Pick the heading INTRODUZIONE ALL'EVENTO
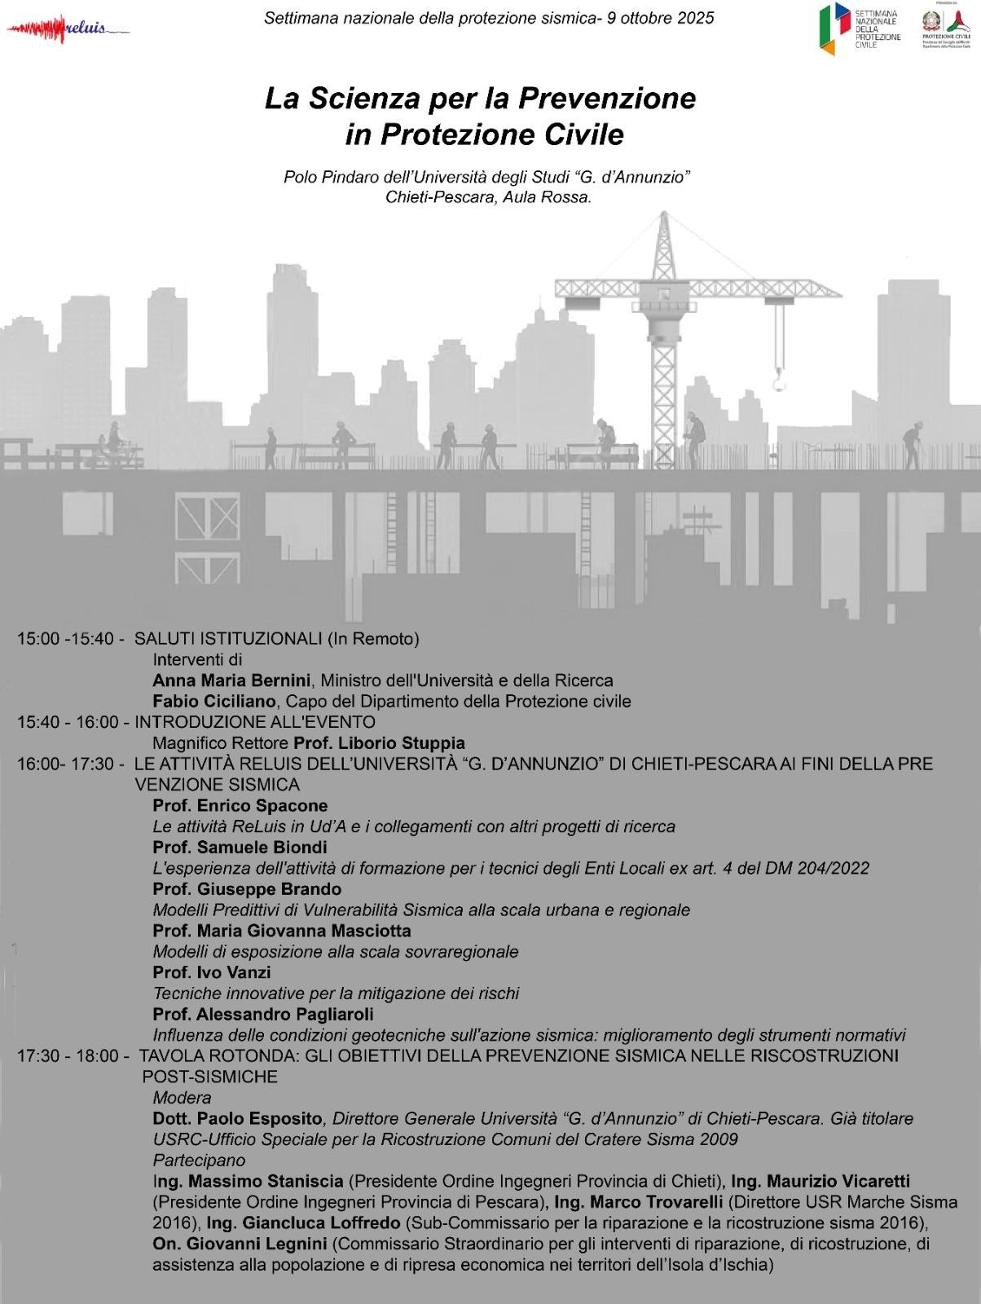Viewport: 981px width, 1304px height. pyautogui.click(x=255, y=722)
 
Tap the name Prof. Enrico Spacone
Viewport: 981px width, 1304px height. pyautogui.click(x=240, y=806)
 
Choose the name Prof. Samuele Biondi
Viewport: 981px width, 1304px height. pyautogui.click(x=240, y=848)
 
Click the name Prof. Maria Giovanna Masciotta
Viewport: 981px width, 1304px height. pyautogui.click(x=282, y=931)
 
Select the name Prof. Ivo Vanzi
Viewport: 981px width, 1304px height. pyautogui.click(x=212, y=972)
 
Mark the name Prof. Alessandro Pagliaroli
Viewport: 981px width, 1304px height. pyautogui.click(x=263, y=1015)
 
